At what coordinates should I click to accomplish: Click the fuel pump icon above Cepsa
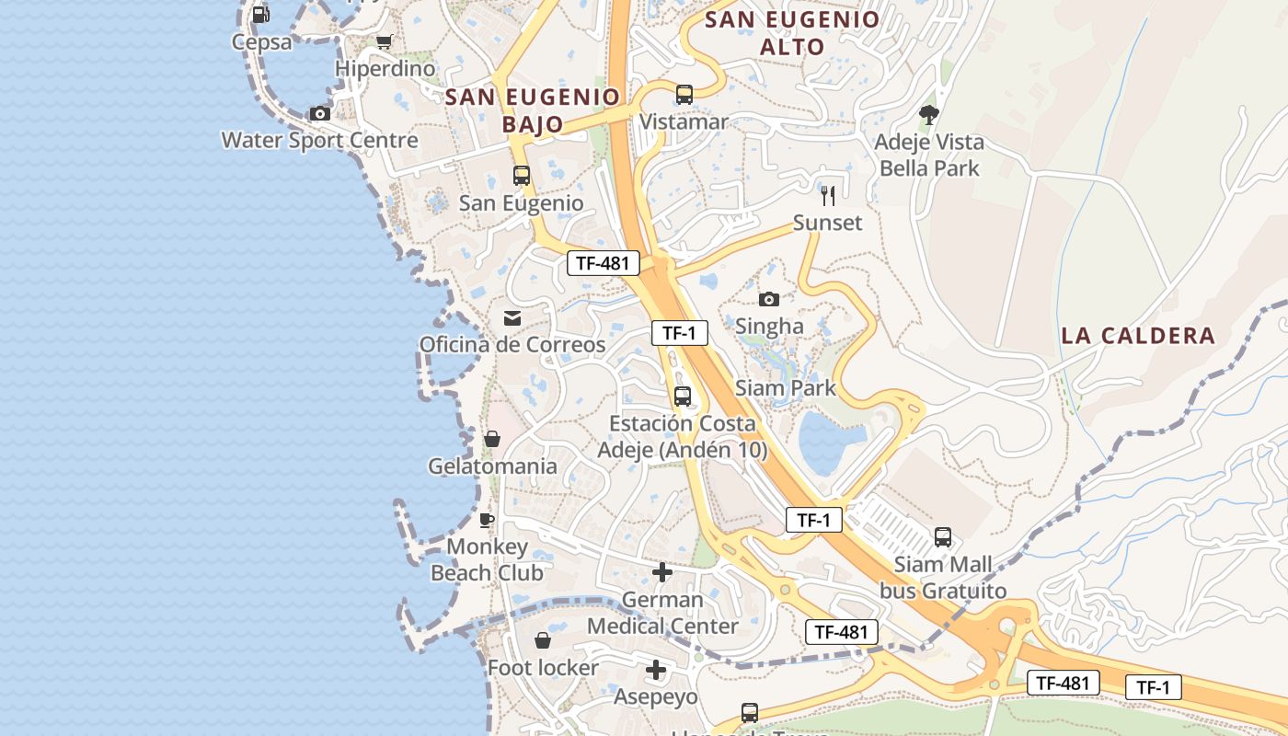pos(260,15)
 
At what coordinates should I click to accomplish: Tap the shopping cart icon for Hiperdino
pos(385,42)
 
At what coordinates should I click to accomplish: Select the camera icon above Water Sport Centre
pos(320,113)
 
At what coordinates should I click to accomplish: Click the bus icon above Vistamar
pos(684,94)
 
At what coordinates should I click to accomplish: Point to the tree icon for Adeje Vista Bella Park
pos(929,115)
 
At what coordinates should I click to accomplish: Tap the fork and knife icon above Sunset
pos(828,195)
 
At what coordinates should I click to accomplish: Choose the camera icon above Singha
pos(769,299)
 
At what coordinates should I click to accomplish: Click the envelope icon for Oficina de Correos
pos(512,318)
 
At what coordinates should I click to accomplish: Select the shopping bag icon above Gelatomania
pos(492,439)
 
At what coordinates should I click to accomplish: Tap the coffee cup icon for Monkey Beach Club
pos(487,520)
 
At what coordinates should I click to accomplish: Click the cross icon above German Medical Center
pos(662,572)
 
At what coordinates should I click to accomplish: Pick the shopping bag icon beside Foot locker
pos(543,640)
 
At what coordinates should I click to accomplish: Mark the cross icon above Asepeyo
pos(656,670)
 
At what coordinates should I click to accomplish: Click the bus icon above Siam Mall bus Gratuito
pos(943,537)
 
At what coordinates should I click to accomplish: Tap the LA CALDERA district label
pos(1138,336)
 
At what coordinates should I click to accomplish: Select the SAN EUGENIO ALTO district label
pos(792,33)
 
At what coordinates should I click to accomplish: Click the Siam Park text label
pos(786,388)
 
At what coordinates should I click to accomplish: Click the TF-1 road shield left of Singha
pos(679,333)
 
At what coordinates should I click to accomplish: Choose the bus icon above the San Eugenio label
pos(522,175)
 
